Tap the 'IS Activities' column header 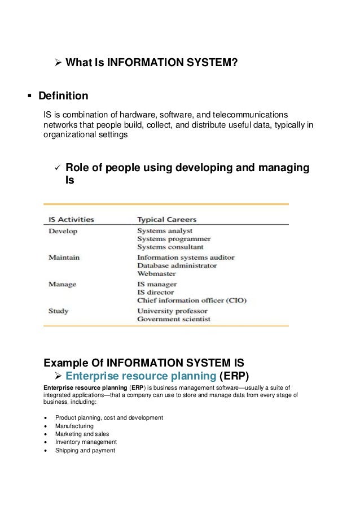(71, 219)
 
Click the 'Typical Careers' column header (167, 219)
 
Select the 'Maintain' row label (64, 257)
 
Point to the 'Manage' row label (62, 284)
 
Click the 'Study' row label (59, 310)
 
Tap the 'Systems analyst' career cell (165, 230)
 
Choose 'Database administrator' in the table (177, 265)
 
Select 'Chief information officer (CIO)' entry (192, 300)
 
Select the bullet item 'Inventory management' (86, 442)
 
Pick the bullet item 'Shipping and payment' (85, 450)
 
